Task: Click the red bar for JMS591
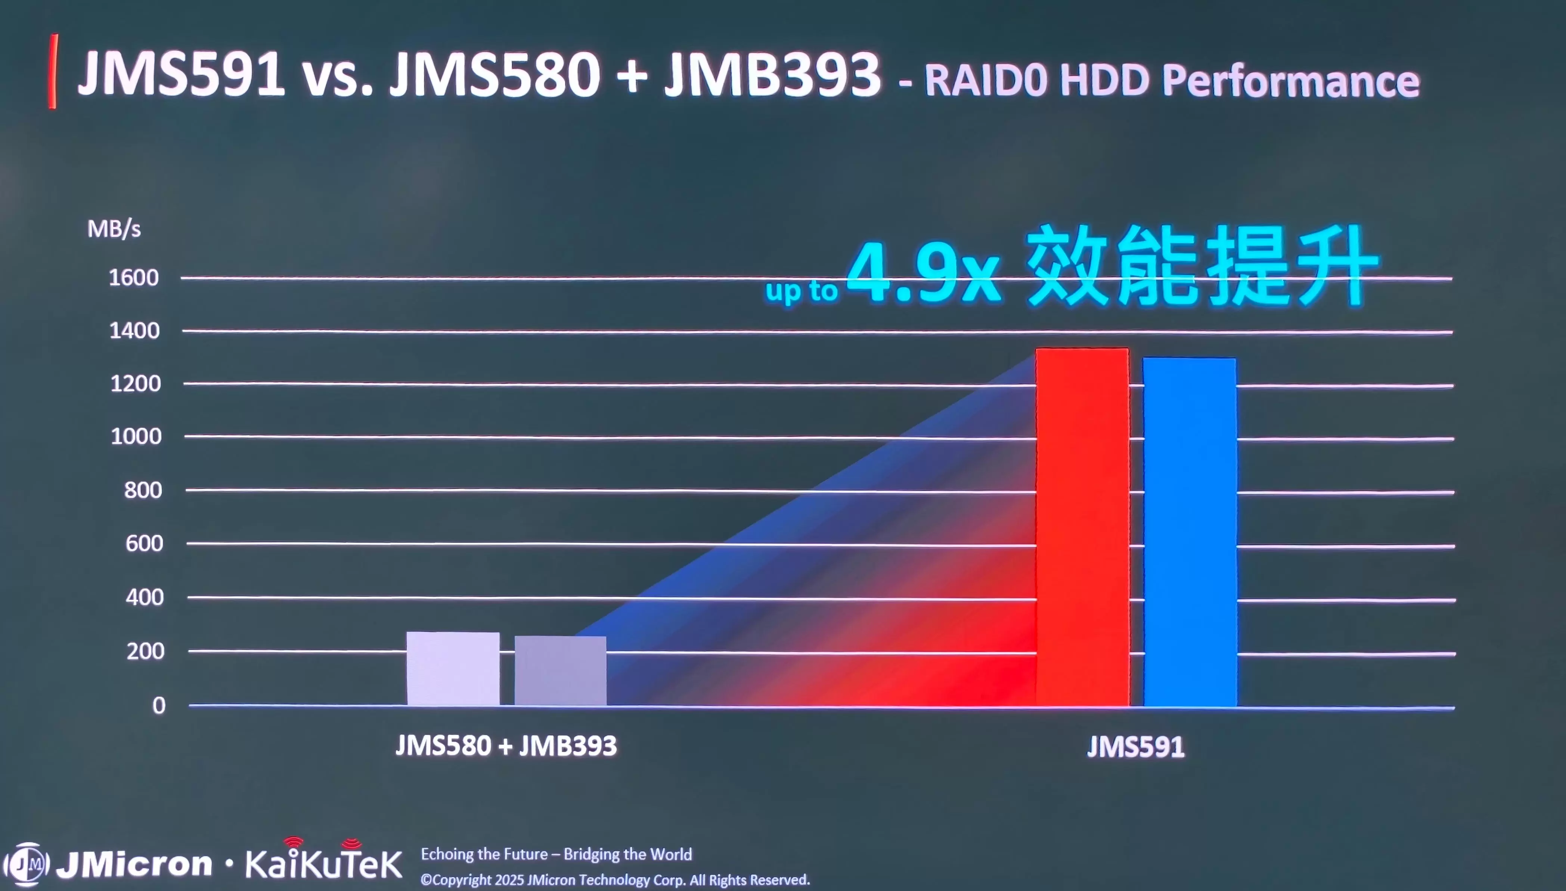[1082, 526]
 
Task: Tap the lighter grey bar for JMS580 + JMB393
[453, 668]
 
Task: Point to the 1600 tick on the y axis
[134, 278]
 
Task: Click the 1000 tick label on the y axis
[136, 436]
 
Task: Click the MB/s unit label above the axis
[114, 229]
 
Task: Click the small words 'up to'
[801, 291]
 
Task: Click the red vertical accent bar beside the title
[53, 72]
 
